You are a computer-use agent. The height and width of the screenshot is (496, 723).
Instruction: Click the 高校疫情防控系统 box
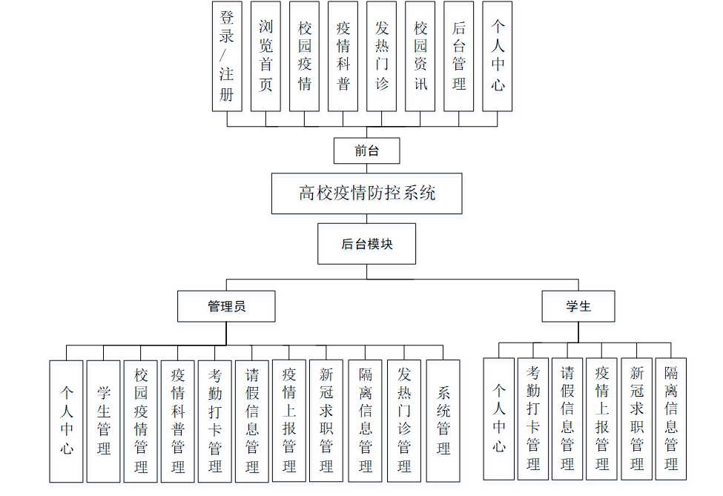coord(367,194)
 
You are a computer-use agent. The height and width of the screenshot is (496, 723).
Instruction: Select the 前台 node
coord(366,151)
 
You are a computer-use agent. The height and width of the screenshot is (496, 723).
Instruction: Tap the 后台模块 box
coord(366,244)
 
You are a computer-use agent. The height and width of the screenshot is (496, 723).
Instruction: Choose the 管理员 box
coord(226,306)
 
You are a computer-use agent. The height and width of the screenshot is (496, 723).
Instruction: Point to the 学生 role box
coord(578,306)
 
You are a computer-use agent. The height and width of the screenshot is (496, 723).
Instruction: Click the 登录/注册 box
coord(227,56)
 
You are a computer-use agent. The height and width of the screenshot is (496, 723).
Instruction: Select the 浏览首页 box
coord(265,56)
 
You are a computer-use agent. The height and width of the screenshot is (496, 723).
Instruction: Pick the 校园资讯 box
coord(420,56)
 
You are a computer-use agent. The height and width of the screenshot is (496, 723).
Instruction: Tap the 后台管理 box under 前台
coord(459,56)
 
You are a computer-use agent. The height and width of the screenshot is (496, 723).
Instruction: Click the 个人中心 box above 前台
coord(498,56)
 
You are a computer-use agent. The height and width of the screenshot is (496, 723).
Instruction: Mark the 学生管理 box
coord(104,421)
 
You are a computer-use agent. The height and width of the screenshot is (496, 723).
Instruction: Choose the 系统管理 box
coord(443,421)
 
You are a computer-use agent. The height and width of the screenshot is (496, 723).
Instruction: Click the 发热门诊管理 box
coord(404,421)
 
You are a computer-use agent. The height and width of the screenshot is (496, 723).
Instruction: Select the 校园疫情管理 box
coord(141,421)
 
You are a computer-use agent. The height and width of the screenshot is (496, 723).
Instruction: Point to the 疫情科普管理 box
coord(178,421)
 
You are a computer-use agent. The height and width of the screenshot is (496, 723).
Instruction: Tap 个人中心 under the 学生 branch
coord(499,419)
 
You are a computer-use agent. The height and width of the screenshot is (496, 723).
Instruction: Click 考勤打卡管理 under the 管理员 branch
coord(215,421)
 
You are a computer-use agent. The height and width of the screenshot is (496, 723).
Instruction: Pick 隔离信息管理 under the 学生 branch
coord(671,419)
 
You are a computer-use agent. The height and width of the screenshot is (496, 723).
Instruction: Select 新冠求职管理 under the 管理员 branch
coord(326,421)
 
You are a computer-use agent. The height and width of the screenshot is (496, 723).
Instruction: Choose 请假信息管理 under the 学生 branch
coord(567,419)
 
